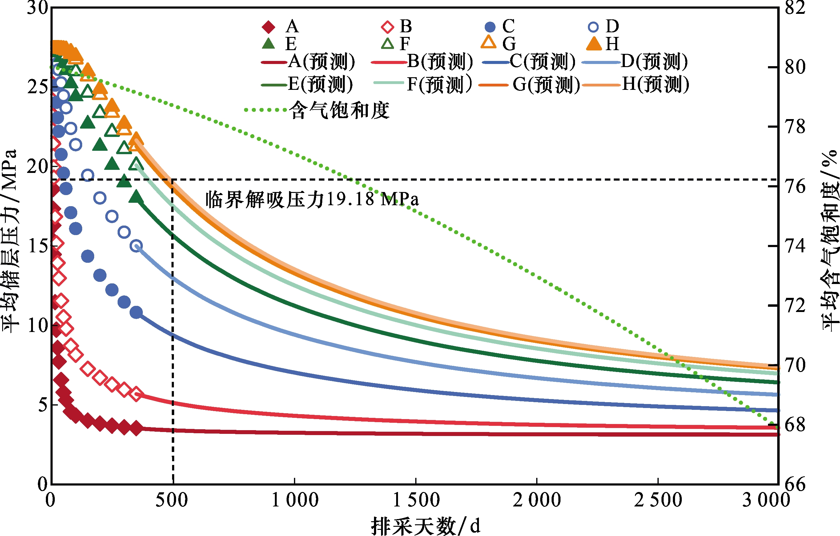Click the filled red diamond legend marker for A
click(268, 27)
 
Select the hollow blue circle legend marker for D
click(593, 27)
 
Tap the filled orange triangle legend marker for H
click(594, 44)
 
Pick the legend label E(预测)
click(320, 84)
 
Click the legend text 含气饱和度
click(340, 110)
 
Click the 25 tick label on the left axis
click(37, 86)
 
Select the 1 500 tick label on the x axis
click(416, 500)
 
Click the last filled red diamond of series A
click(136, 428)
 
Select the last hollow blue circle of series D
click(136, 246)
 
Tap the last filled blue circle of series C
click(136, 313)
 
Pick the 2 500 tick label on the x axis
click(658, 500)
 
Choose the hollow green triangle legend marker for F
click(387, 44)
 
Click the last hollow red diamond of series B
click(136, 394)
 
